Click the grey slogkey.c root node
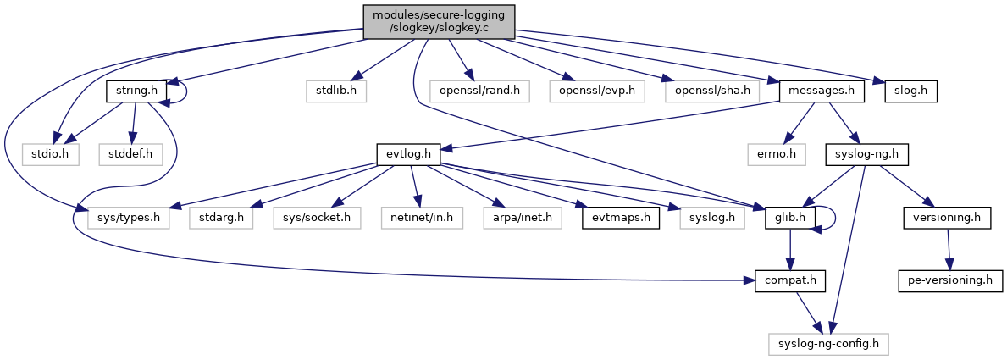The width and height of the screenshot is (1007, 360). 439,21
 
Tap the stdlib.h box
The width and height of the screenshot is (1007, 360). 335,90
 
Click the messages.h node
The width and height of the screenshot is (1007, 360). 820,90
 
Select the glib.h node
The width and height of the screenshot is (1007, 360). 788,219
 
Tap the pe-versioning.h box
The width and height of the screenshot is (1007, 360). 950,280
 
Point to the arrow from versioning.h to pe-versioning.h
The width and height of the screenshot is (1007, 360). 948,248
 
